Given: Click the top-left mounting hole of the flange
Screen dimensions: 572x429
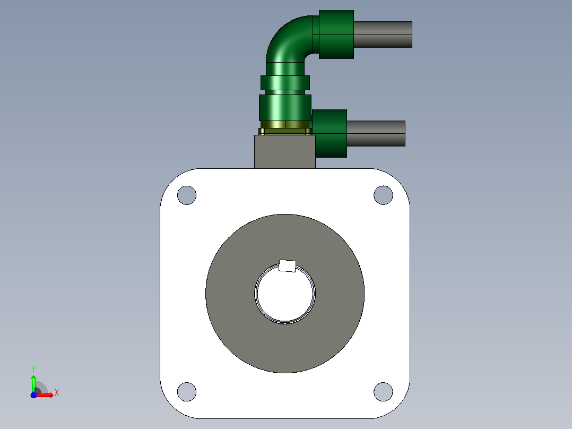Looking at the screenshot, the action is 187,195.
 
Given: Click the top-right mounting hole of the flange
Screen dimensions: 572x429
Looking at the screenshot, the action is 384,195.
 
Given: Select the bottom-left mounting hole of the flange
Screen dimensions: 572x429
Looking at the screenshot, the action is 187,392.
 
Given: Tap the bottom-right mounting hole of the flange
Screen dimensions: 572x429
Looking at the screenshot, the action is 384,392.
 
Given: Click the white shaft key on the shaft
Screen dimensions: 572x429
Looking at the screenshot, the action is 287,266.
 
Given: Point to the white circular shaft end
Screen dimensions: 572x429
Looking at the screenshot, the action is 285,294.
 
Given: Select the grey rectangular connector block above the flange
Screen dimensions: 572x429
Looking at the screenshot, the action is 284,152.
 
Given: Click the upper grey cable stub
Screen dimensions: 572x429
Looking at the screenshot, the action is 383,35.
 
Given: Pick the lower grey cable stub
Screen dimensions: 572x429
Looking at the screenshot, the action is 376,134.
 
